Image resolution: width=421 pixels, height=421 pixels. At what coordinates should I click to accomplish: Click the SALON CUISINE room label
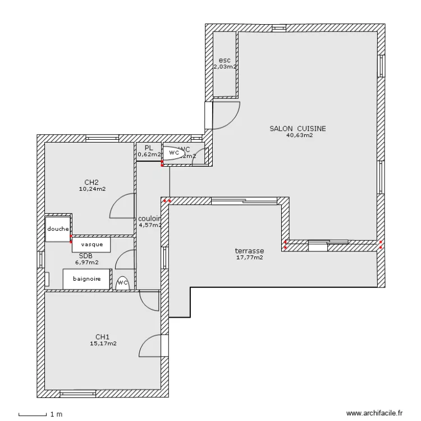[x=297, y=129]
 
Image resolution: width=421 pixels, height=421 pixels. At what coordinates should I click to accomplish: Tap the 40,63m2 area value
[x=299, y=135]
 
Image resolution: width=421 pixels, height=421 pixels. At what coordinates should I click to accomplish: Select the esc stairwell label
[x=225, y=60]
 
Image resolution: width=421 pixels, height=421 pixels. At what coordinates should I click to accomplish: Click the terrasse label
[x=250, y=251]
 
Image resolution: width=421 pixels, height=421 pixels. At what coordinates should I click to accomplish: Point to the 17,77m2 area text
[x=250, y=258]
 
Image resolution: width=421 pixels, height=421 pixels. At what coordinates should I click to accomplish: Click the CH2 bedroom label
[x=92, y=182]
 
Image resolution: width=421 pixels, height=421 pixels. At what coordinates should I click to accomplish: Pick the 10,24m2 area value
[x=93, y=189]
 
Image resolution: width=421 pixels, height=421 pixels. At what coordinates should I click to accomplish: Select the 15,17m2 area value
[x=103, y=344]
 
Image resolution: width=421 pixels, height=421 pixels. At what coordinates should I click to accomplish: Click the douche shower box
[x=58, y=229]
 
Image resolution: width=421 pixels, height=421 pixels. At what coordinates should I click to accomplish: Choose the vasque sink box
[x=91, y=245]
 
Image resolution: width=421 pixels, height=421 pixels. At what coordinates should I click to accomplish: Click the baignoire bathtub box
[x=86, y=278]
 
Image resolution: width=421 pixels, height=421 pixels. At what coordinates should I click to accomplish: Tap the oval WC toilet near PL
[x=176, y=153]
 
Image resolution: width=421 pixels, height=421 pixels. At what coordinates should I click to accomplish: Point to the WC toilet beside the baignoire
[x=122, y=283]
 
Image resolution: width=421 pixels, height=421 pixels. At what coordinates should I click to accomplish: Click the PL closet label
[x=149, y=148]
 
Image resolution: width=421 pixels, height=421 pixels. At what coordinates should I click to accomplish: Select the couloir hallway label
[x=150, y=219]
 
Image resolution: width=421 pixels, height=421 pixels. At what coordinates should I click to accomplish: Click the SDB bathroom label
[x=85, y=255]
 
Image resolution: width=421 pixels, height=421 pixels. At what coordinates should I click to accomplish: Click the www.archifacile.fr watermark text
[x=374, y=413]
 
